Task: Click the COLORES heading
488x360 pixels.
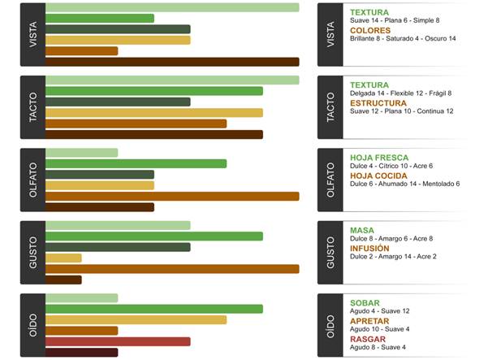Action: click(369, 30)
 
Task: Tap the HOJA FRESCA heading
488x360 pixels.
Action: click(379, 158)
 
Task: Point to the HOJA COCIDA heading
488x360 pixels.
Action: click(380, 176)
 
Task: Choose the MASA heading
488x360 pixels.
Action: click(362, 231)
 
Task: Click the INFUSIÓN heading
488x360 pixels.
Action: click(369, 248)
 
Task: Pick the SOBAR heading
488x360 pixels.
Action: click(365, 303)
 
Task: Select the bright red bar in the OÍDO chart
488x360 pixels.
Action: click(118, 341)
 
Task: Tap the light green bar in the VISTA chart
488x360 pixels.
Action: click(172, 7)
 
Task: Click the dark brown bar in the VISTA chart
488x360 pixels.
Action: click(172, 62)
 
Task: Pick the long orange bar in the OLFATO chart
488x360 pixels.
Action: click(172, 196)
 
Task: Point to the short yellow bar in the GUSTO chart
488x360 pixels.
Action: click(63, 258)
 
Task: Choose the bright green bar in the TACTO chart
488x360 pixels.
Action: click(154, 91)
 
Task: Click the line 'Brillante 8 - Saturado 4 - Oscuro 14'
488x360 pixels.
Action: click(403, 39)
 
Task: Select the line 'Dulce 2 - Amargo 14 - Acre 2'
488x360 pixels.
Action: click(393, 257)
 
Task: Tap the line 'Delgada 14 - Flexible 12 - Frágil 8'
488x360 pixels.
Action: click(400, 93)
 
